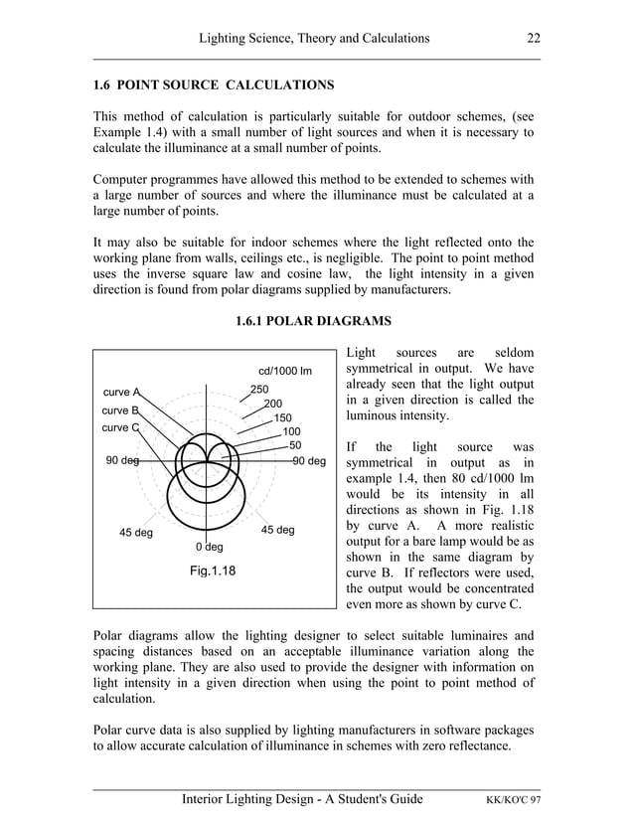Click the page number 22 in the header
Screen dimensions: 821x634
534,39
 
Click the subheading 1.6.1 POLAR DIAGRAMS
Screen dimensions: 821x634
314,322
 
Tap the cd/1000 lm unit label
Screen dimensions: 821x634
285,372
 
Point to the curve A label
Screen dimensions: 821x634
121,392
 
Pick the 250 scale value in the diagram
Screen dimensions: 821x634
259,390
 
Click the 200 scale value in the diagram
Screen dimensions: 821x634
272,404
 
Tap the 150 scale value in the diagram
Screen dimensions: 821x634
282,417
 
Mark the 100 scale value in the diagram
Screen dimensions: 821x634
291,431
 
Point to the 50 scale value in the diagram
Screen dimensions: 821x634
295,445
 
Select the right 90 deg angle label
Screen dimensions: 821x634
309,461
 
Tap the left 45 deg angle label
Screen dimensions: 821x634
136,533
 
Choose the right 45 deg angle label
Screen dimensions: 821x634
277,530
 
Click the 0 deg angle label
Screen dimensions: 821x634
209,547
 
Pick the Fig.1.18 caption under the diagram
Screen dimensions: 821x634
212,572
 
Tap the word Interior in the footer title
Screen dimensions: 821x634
210,799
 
